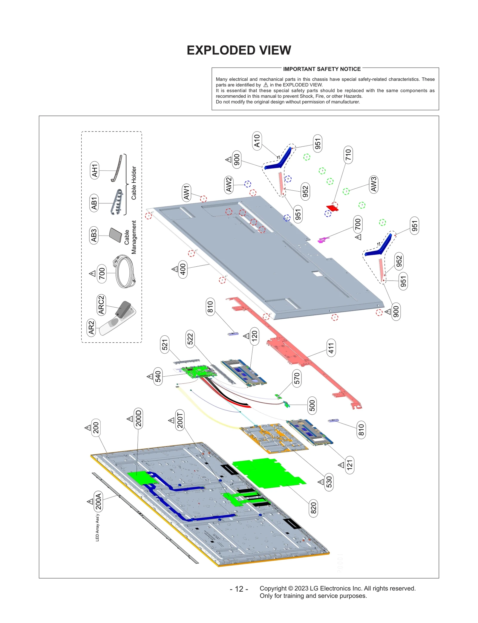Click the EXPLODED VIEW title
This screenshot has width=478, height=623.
tap(239, 50)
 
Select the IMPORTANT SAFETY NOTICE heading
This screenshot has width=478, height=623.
tap(321, 69)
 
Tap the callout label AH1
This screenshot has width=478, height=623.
tap(94, 170)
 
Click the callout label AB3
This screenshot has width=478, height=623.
tap(94, 235)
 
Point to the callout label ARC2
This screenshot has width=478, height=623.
tap(101, 305)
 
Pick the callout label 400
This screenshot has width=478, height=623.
tap(183, 269)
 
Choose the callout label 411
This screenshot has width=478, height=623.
tap(331, 348)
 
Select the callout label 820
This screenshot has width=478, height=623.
tap(313, 508)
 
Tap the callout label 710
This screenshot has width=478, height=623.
tap(348, 155)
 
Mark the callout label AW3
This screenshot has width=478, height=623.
tap(373, 184)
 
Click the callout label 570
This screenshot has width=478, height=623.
tap(296, 378)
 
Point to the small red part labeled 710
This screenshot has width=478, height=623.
tap(332, 208)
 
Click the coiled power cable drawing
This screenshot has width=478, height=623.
tap(125, 271)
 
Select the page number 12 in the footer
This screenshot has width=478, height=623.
tap(239, 589)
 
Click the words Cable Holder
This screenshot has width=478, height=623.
tap(134, 183)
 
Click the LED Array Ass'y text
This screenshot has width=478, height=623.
tap(97, 528)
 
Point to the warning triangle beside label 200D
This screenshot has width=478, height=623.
tap(130, 419)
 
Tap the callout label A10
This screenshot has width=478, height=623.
tap(257, 141)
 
